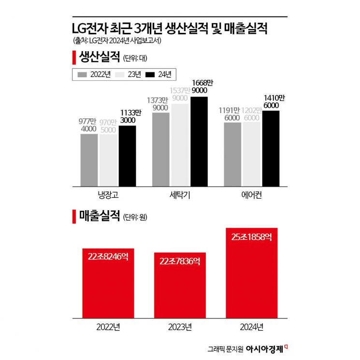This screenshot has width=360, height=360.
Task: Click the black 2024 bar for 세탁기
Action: (x=199, y=141)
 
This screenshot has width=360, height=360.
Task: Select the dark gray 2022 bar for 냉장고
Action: (x=89, y=160)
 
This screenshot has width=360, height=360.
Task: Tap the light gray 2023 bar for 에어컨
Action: (x=252, y=154)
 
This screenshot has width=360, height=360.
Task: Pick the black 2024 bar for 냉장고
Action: (x=128, y=156)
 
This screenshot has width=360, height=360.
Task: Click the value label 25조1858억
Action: (x=251, y=237)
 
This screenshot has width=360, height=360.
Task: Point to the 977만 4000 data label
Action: (x=89, y=125)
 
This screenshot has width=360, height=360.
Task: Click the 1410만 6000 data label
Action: (x=271, y=101)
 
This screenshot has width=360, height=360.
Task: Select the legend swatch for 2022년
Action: (x=82, y=74)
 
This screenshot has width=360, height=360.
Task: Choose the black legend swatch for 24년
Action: (x=150, y=74)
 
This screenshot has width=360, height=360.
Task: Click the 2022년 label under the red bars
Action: (x=108, y=327)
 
